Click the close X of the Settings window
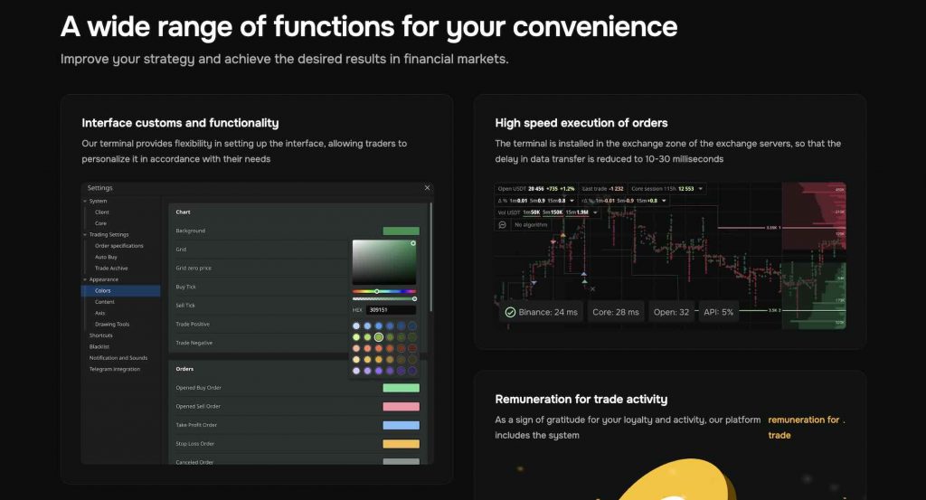[427, 188]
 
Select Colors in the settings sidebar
[103, 291]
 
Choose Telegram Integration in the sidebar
[115, 369]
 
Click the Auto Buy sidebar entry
[106, 257]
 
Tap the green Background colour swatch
[401, 231]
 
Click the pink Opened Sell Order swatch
[401, 407]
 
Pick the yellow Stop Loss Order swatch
[401, 444]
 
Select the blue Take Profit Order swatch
[401, 425]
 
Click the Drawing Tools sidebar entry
[112, 324]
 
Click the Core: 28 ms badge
[616, 313]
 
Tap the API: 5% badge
[714, 313]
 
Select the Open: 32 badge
[671, 313]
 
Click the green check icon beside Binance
[511, 313]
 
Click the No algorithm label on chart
[530, 223]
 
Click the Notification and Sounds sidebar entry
[118, 358]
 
